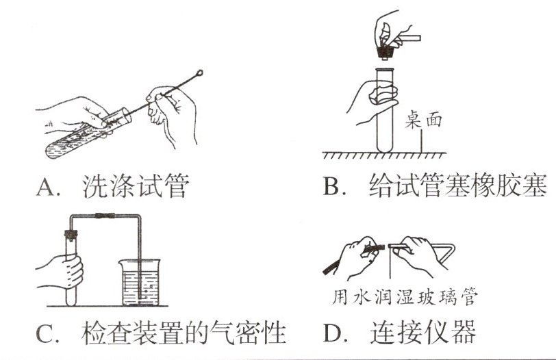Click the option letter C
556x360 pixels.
point(45,335)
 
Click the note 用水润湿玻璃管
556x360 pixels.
point(403,298)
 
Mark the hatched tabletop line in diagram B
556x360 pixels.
point(383,156)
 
